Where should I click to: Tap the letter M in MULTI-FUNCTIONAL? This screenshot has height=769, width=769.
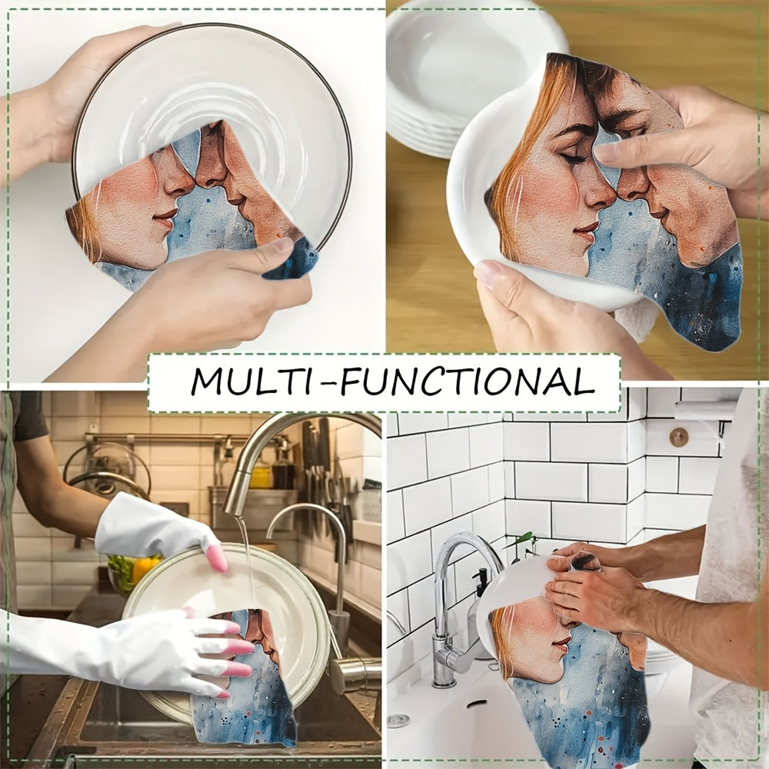[208, 382]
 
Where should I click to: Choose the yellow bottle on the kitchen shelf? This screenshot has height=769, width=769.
[261, 477]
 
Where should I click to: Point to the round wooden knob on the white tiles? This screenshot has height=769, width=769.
[678, 437]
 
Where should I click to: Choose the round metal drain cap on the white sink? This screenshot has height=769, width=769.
[398, 721]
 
